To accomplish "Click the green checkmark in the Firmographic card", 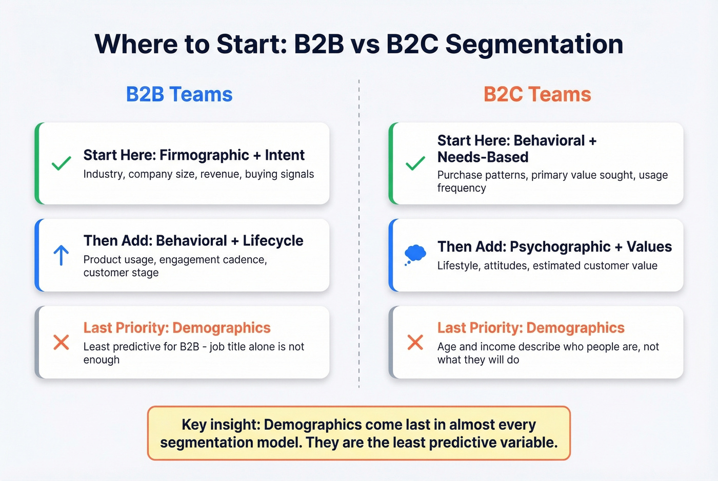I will tap(61, 163).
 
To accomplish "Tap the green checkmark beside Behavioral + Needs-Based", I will tap(415, 163).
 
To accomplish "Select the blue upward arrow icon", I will tap(61, 255).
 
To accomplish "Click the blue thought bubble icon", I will tap(415, 254).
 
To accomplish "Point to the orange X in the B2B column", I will tap(61, 342).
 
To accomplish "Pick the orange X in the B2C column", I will tap(415, 342).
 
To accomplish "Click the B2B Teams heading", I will tap(179, 94).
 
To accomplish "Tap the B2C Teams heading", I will tap(537, 94).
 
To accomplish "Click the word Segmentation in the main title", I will tap(534, 44).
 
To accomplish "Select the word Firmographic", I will tap(204, 155).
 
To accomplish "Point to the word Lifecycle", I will tap(273, 240).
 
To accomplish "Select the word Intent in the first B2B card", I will tap(285, 155).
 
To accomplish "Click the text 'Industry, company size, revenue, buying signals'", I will tap(198, 174).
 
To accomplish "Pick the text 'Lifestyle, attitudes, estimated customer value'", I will tap(547, 265).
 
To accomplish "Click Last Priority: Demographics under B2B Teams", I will tap(177, 327).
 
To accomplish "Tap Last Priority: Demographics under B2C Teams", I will tap(531, 327).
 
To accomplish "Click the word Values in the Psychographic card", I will tap(649, 246).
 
